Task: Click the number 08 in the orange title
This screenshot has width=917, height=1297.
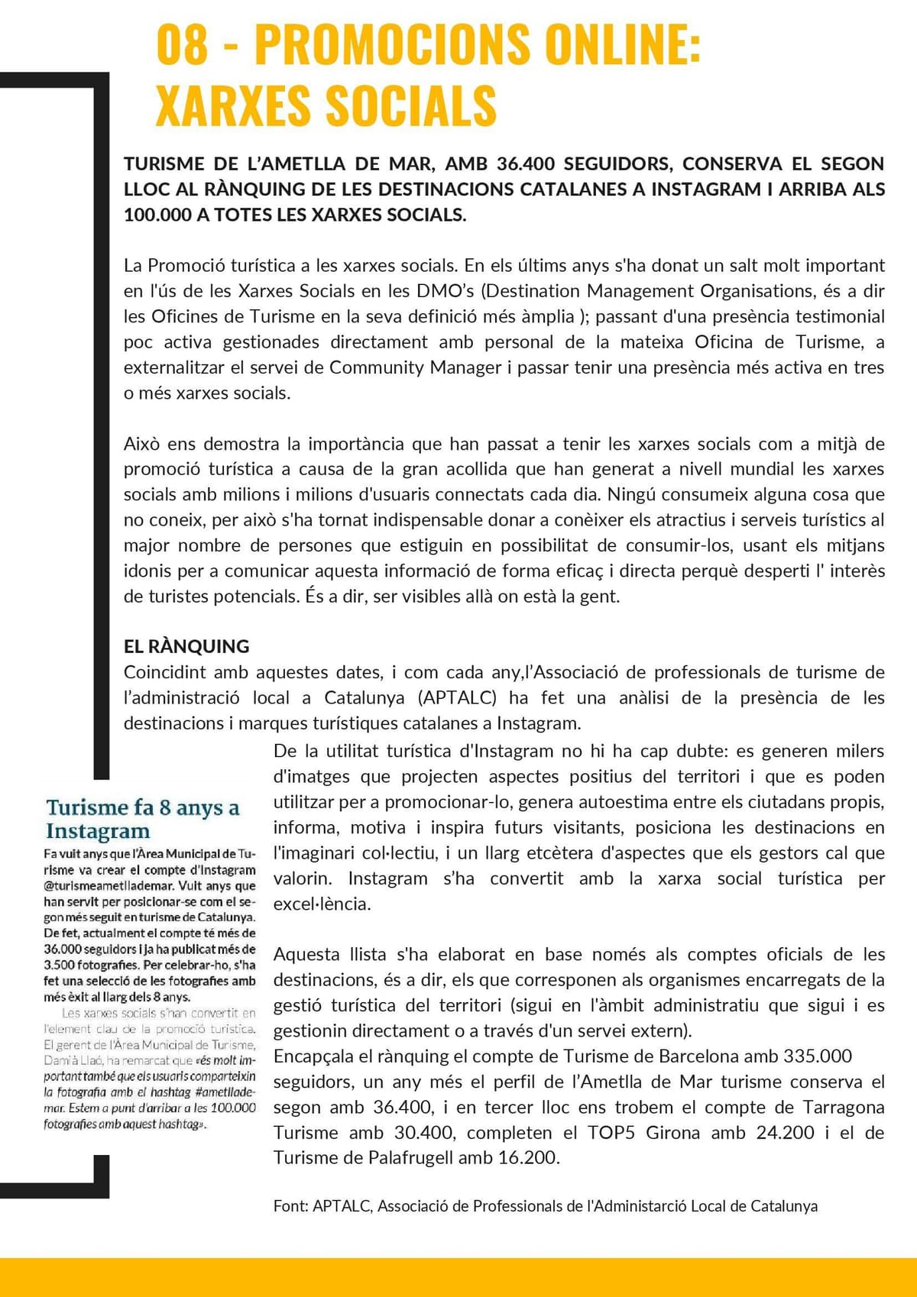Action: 182,44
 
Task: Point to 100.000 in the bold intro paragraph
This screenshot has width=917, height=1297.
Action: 157,215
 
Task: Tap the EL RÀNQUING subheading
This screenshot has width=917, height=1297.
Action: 186,646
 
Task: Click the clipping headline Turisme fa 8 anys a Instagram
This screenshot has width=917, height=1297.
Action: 142,819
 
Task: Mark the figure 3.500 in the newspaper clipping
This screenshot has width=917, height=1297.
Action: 60,965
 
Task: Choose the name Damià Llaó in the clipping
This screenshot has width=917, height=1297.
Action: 73,1060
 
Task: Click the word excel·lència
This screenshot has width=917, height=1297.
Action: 322,904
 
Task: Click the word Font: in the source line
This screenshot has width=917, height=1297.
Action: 290,1206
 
